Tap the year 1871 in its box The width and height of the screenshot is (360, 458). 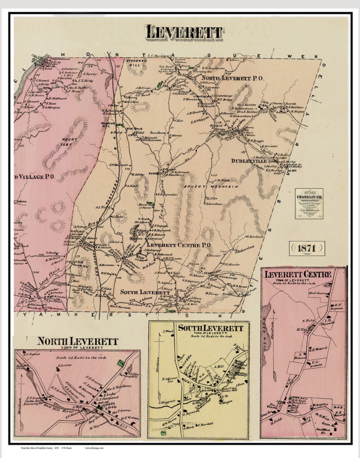tap(306, 248)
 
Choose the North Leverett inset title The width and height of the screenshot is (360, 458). tap(77, 341)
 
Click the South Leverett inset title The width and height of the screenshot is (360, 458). tap(210, 328)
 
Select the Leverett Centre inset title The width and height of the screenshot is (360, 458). tap(298, 274)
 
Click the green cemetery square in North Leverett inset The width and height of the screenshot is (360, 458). tap(120, 363)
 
